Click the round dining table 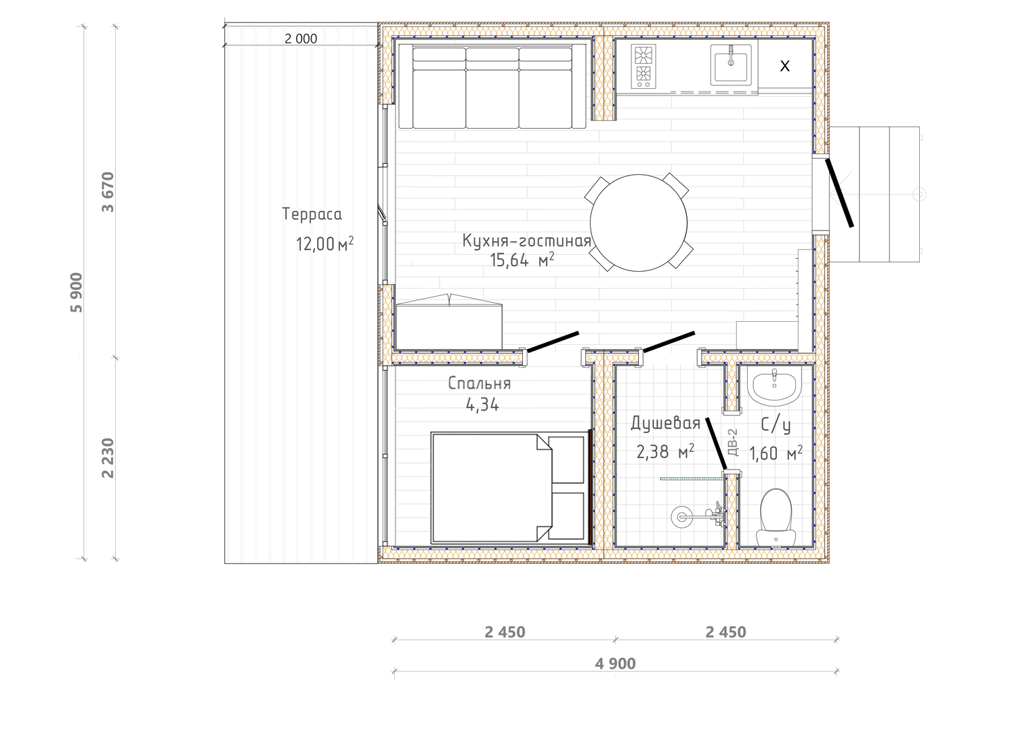click(x=638, y=223)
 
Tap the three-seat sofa click(x=492, y=86)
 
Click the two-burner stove click(x=643, y=66)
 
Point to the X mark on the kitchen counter click(x=784, y=66)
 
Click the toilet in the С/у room click(x=776, y=517)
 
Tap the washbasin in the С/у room click(x=774, y=386)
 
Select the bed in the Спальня click(x=510, y=487)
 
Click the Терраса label click(x=312, y=214)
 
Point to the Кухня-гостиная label click(x=526, y=241)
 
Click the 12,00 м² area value click(x=324, y=244)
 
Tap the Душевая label click(x=665, y=423)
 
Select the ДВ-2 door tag click(x=732, y=442)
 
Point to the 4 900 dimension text click(x=615, y=663)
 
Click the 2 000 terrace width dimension click(x=301, y=39)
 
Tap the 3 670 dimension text click(x=108, y=192)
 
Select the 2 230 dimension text click(x=108, y=458)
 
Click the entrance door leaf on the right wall click(x=839, y=192)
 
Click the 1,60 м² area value click(x=776, y=453)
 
